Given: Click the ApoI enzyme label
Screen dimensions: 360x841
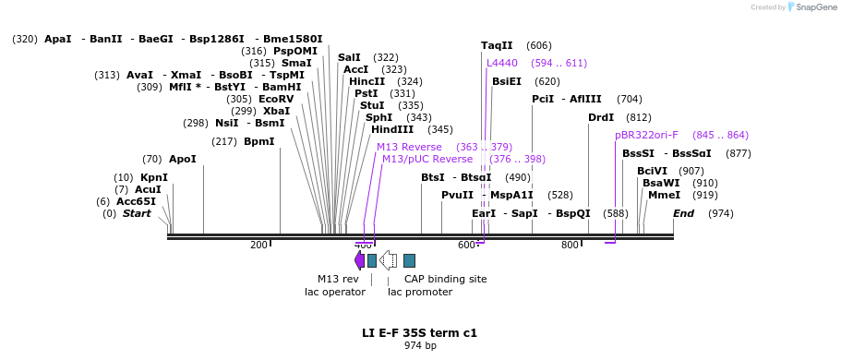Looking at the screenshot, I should pos(182,159).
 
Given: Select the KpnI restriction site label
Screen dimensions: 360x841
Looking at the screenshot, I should pos(154,177).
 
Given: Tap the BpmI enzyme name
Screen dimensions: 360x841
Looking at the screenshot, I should pos(258,141).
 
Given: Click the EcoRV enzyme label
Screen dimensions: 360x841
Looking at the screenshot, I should pos(276,99).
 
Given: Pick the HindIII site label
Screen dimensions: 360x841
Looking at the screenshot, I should pos(392,129).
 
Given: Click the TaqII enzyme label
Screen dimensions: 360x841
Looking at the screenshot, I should pos(497,45).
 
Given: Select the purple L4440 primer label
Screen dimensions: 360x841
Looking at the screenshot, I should pos(502,63).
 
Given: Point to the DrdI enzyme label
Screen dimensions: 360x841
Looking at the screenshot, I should pos(600,117).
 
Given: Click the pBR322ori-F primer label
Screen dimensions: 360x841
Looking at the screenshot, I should pos(646,135).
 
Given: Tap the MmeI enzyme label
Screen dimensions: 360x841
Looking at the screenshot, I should pos(664,195).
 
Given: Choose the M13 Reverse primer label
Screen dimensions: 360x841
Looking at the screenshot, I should pos(409,147).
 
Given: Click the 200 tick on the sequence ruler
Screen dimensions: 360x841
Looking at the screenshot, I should pos(258,245).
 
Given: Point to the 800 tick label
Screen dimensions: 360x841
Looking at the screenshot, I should pos(570,245).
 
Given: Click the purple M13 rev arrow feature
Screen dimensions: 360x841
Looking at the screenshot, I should pos(359,260).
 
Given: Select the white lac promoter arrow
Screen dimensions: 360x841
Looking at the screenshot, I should pos(389,260).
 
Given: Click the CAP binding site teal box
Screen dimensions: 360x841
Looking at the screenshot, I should pos(409,260).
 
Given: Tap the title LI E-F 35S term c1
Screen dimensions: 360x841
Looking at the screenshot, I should pos(419,332).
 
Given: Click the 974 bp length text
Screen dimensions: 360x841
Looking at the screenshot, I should pos(420,346).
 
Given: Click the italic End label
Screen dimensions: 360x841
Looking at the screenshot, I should pos(683,213).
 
